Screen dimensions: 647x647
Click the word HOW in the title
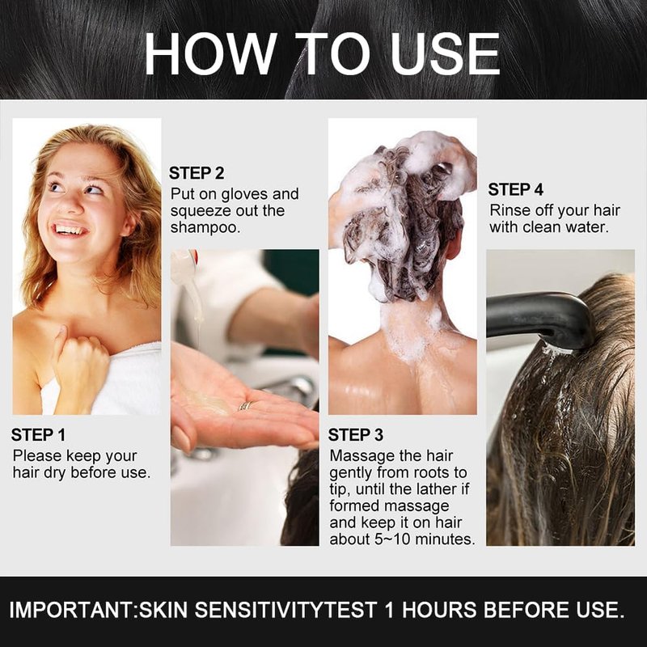click(x=210, y=54)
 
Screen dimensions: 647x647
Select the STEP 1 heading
click(x=38, y=435)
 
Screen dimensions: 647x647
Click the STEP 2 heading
click(x=197, y=173)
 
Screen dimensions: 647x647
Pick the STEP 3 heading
click(x=356, y=435)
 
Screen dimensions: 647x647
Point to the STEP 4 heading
click(x=516, y=189)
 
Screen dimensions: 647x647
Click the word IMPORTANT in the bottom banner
click(x=70, y=610)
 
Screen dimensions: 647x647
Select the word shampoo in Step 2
click(x=205, y=228)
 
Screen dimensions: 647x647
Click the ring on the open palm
click(x=246, y=406)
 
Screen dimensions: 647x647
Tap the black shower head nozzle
click(x=540, y=318)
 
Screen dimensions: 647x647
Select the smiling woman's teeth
click(x=70, y=230)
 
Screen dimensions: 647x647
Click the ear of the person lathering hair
click(x=454, y=244)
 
